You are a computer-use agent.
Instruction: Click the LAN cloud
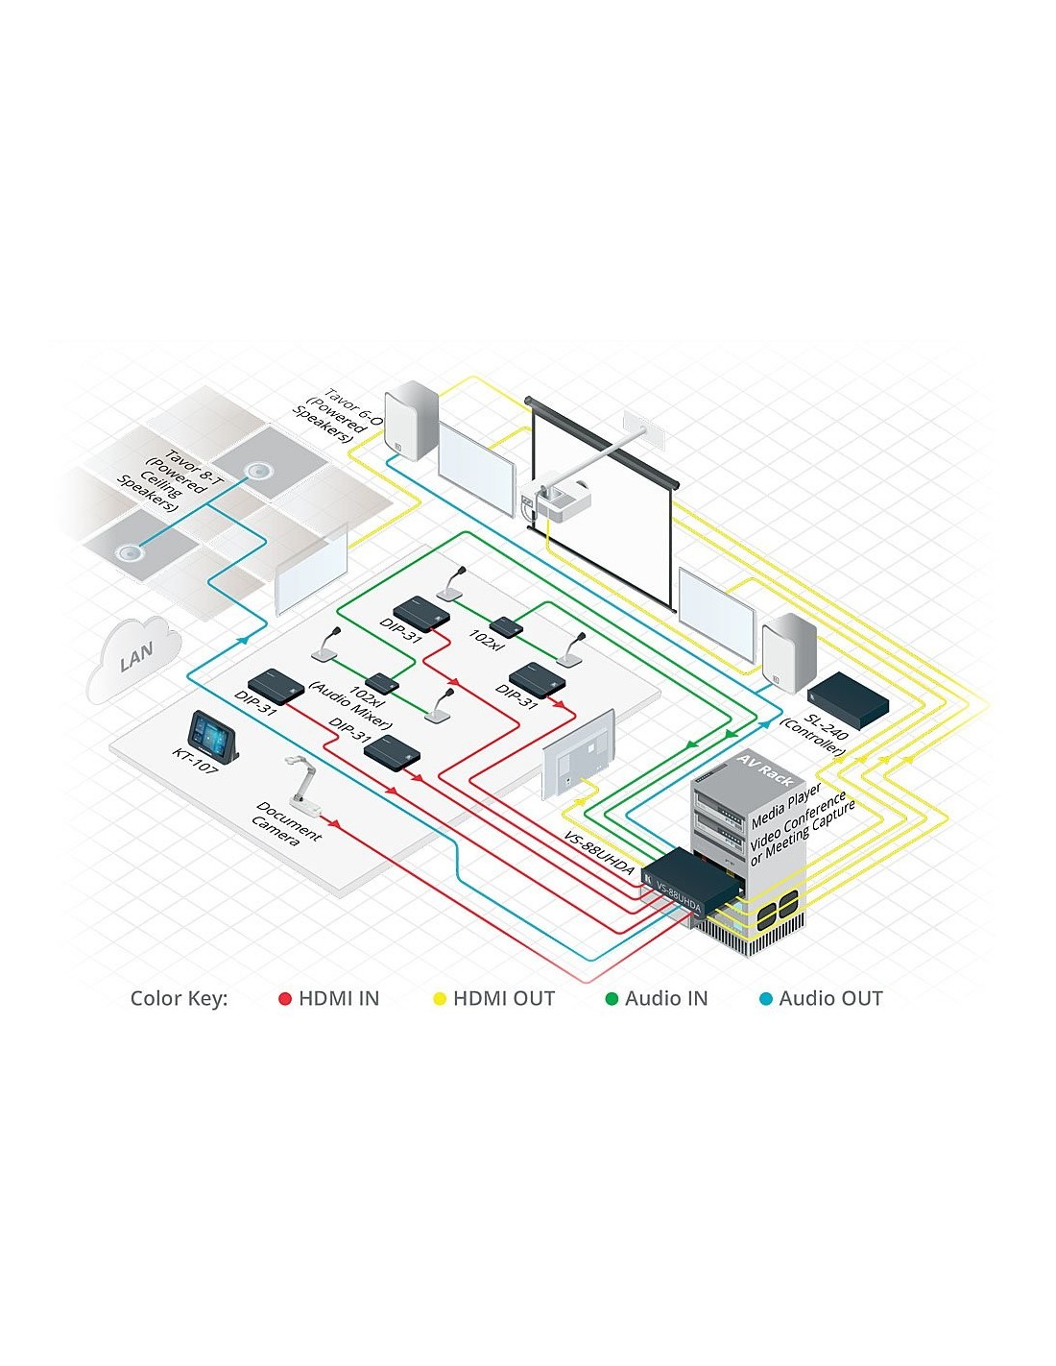point(134,658)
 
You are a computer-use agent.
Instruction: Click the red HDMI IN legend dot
point(284,999)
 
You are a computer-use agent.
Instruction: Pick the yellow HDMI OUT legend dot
point(440,999)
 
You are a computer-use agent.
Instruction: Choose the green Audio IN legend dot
point(612,999)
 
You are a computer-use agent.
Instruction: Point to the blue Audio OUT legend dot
point(766,999)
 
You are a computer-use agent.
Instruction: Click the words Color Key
point(179,999)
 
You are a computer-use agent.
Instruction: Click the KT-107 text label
point(195,761)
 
